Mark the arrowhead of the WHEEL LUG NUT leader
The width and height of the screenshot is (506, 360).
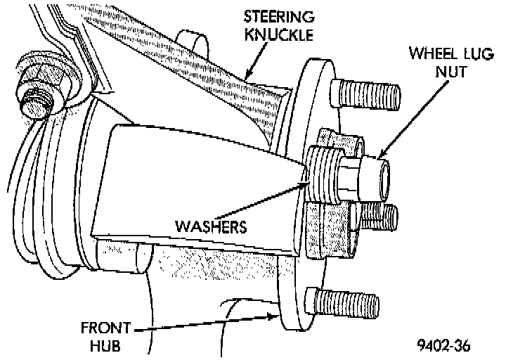point(381,156)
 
